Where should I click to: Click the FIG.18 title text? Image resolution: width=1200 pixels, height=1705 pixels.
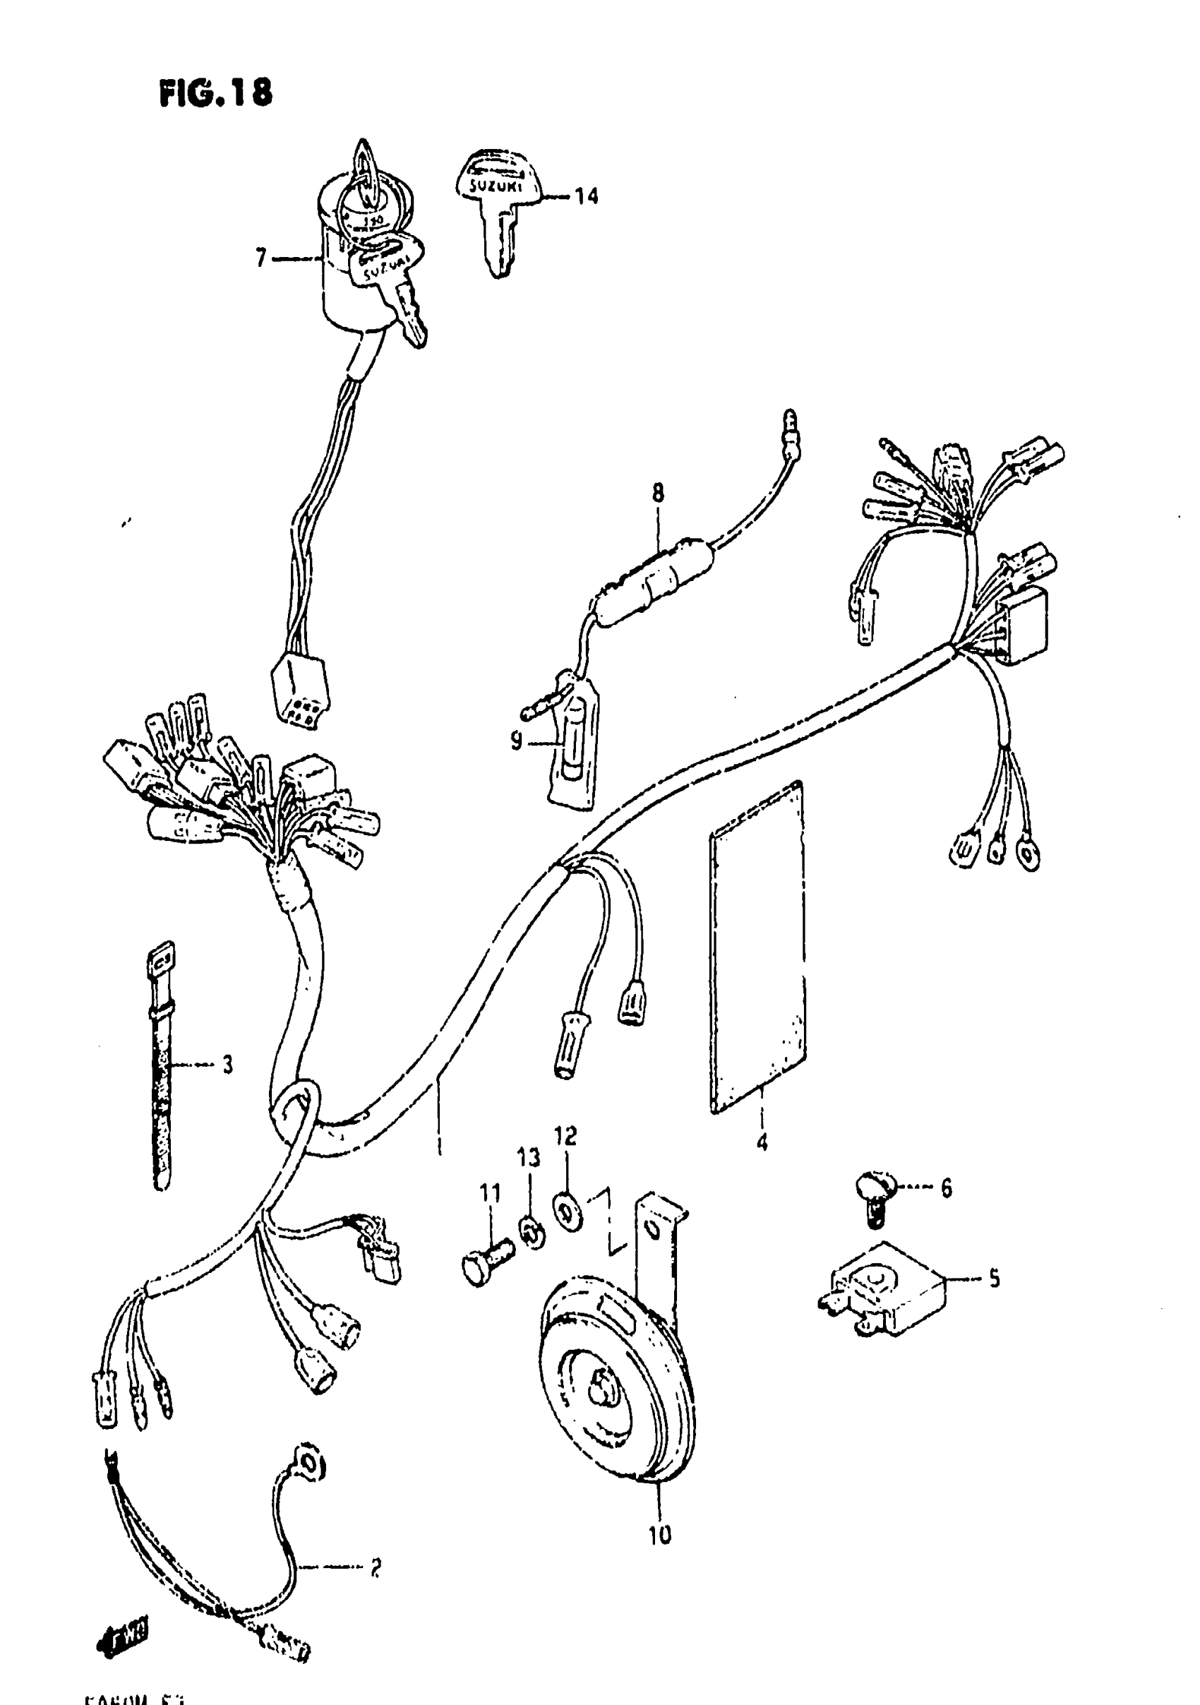(215, 95)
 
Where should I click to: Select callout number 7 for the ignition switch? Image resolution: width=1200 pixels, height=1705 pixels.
(260, 258)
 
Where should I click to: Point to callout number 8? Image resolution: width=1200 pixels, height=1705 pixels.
(658, 493)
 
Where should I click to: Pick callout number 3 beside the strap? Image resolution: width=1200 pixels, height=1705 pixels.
(227, 1064)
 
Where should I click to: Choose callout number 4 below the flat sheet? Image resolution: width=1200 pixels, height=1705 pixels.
(762, 1143)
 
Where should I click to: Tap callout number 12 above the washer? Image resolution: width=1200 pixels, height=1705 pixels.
(565, 1135)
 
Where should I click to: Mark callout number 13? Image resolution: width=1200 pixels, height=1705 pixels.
(529, 1158)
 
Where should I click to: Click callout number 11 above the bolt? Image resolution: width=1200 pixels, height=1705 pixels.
(489, 1193)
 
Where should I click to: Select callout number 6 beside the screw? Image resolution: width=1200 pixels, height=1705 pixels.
(945, 1188)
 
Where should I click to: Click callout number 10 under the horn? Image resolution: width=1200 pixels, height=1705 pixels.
(659, 1534)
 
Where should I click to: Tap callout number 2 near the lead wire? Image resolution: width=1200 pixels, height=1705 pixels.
(375, 1567)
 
